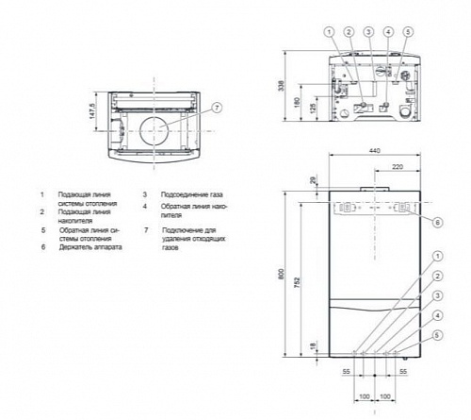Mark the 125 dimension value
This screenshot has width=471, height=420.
(x=312, y=109)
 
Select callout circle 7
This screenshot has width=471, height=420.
(x=217, y=107)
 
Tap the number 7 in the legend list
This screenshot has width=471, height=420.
(x=146, y=229)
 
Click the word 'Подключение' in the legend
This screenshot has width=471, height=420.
(x=180, y=229)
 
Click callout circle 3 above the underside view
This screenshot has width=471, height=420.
(x=369, y=32)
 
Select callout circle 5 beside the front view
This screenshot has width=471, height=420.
(x=439, y=334)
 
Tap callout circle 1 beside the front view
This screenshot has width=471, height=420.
(x=439, y=256)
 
